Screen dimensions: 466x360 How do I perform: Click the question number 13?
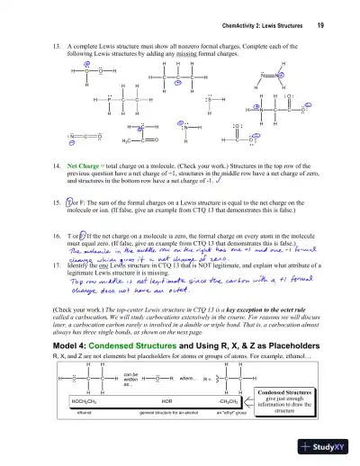point(58,43)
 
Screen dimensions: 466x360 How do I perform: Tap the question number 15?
point(58,204)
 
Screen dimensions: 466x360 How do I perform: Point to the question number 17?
point(58,271)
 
